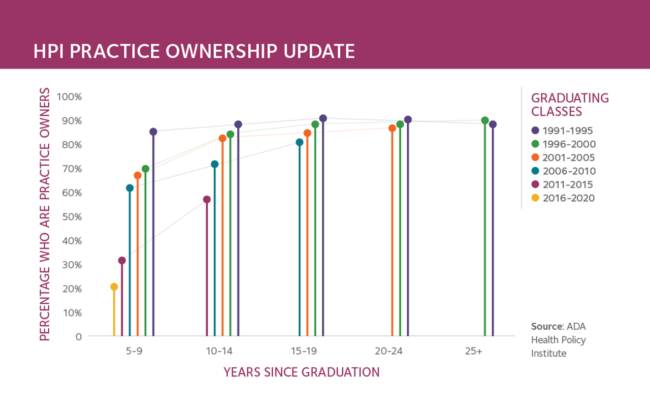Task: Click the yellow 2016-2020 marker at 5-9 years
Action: pyautogui.click(x=114, y=287)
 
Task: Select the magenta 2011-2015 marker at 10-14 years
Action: pyautogui.click(x=207, y=200)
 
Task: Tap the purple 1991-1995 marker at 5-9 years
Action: pyautogui.click(x=153, y=132)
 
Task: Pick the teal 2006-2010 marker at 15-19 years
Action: pyautogui.click(x=300, y=142)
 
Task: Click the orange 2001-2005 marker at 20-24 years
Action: pyautogui.click(x=392, y=129)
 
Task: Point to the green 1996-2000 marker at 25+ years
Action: pyautogui.click(x=485, y=120)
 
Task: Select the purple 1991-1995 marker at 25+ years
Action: pyautogui.click(x=493, y=124)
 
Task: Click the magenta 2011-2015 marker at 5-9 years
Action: pyautogui.click(x=122, y=261)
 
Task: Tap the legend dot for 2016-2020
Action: pyautogui.click(x=535, y=198)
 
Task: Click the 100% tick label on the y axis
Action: pyautogui.click(x=69, y=97)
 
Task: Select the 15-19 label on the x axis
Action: pyautogui.click(x=304, y=351)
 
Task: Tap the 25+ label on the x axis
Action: pyautogui.click(x=473, y=351)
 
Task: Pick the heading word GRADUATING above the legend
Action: pyautogui.click(x=570, y=98)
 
